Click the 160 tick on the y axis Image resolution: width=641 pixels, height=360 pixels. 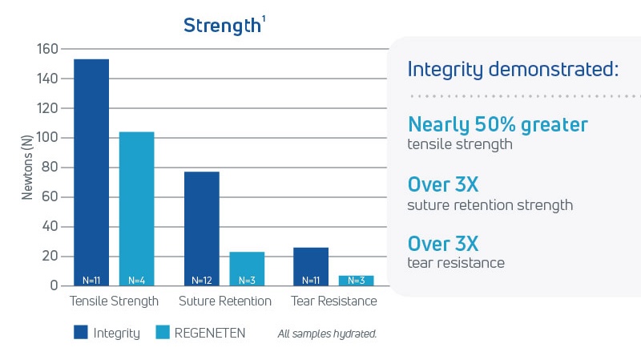coord(47,49)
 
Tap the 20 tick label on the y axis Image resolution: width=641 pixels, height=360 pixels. coord(50,257)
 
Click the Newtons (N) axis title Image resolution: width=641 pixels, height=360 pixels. coord(27,167)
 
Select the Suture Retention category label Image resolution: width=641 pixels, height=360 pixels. coord(224,301)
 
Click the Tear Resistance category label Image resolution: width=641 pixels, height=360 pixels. coord(333,301)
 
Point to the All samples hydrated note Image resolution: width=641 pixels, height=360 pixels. coord(327,333)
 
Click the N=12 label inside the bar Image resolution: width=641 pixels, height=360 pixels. coord(201,281)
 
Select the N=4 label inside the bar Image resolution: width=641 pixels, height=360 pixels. coord(136,281)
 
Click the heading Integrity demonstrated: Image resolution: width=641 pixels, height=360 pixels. coord(513,69)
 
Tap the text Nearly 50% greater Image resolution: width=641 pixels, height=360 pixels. coord(498,124)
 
